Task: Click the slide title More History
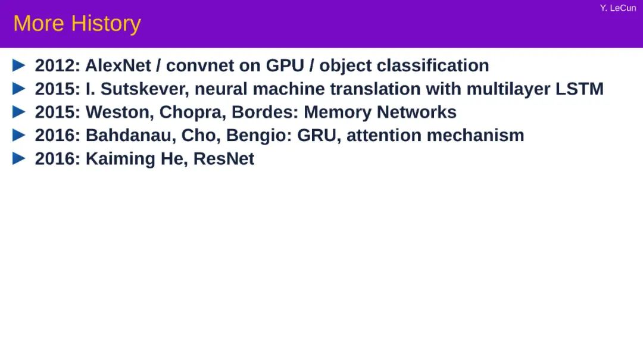pyautogui.click(x=77, y=24)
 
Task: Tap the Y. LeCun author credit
pyautogui.click(x=618, y=8)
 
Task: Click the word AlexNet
pyautogui.click(x=118, y=65)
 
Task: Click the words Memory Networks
pyautogui.click(x=380, y=112)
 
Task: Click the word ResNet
pyautogui.click(x=224, y=159)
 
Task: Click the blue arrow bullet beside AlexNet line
pyautogui.click(x=19, y=65)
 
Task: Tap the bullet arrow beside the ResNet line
pyautogui.click(x=19, y=159)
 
